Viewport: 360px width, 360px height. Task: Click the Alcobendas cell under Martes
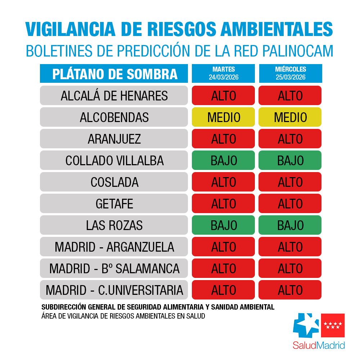click(223, 117)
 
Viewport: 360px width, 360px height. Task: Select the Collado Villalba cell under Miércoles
click(290, 161)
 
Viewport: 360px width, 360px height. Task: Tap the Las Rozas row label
click(114, 225)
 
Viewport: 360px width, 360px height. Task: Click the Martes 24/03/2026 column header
click(223, 73)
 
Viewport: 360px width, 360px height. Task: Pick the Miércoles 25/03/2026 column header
click(290, 73)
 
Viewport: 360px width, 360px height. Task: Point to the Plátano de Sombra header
click(114, 73)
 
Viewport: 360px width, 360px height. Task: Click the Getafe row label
click(114, 204)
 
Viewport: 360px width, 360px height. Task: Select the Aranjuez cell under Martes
click(223, 139)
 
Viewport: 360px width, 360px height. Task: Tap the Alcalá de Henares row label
click(114, 96)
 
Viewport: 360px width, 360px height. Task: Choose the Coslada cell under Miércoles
click(290, 182)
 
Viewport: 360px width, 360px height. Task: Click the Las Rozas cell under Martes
click(223, 225)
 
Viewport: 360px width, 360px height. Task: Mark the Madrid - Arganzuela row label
click(114, 247)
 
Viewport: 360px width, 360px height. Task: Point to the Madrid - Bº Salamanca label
click(114, 269)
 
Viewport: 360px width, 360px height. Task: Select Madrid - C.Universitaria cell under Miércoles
click(290, 290)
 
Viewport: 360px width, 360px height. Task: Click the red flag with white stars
click(333, 326)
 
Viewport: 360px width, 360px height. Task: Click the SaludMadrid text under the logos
click(319, 345)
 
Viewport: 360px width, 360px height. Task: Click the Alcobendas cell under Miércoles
click(290, 117)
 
